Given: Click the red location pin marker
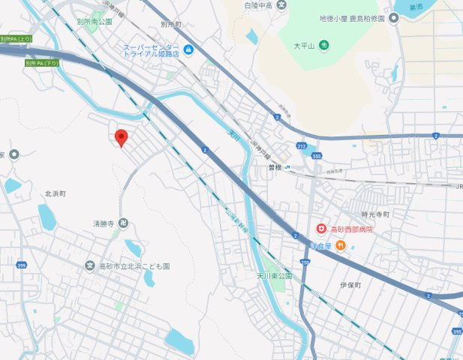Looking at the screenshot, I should (121, 137).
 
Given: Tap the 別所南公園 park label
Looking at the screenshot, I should (95, 22).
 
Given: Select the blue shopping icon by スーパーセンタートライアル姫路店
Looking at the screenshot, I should (189, 50).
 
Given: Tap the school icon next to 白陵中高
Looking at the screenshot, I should (282, 5).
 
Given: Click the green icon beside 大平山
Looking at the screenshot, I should (323, 46).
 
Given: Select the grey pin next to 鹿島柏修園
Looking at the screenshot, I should (392, 19).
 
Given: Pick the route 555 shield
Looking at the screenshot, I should (317, 156).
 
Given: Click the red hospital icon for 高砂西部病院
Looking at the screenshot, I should (321, 228).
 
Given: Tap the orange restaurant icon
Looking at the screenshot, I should (340, 245).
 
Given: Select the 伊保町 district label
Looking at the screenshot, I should (350, 286).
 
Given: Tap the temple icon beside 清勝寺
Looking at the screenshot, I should (123, 223).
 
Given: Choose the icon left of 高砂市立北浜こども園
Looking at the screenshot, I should (91, 266).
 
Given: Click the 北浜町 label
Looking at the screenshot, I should (55, 193).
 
